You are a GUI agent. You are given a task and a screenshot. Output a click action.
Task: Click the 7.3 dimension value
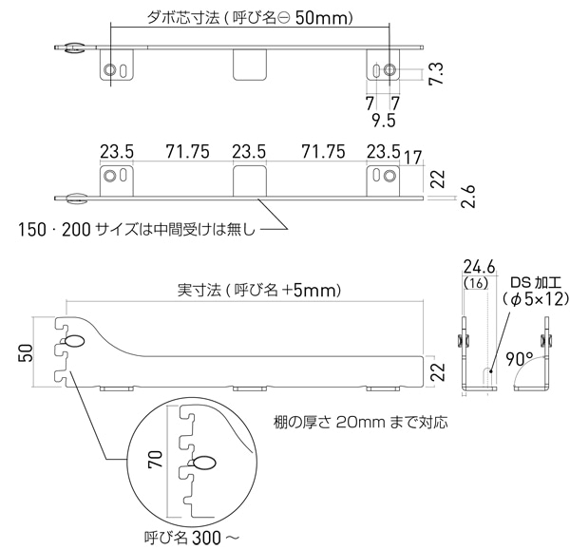click(x=437, y=74)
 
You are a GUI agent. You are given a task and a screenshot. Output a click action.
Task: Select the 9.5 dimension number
click(x=384, y=121)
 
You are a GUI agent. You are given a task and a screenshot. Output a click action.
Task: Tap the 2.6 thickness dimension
click(x=468, y=197)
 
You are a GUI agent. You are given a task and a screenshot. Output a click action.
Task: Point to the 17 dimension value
click(x=412, y=158)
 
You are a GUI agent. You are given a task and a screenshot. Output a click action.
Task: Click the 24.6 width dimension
click(x=479, y=268)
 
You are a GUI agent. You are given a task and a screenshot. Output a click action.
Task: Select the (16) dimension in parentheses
click(x=476, y=283)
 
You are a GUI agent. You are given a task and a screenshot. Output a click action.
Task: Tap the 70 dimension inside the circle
click(x=155, y=460)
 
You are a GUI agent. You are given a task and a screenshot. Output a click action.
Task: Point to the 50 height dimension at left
click(x=26, y=352)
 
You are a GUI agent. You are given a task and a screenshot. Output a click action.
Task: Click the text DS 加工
click(x=536, y=282)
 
